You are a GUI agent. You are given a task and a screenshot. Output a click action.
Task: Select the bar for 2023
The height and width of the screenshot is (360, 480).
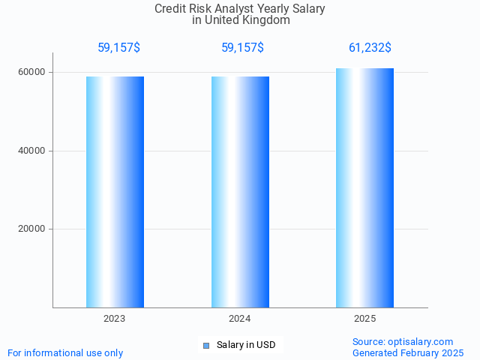click(x=115, y=192)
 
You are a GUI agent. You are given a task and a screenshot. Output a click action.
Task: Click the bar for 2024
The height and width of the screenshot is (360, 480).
click(x=240, y=192)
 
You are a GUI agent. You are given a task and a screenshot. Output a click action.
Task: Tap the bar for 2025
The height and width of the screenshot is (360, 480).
click(x=364, y=187)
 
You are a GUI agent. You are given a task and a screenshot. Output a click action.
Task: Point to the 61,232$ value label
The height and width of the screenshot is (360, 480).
click(x=370, y=48)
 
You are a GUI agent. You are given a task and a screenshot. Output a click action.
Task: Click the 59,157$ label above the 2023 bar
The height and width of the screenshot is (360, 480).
click(x=118, y=48)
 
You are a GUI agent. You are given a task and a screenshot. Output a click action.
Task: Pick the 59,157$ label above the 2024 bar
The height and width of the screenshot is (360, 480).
click(x=242, y=48)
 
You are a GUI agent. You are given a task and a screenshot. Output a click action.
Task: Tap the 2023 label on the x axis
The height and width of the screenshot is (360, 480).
click(x=115, y=319)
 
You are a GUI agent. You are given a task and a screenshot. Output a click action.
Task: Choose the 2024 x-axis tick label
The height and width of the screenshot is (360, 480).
click(x=240, y=319)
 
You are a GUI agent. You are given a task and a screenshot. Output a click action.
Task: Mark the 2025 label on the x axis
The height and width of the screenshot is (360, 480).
click(x=364, y=319)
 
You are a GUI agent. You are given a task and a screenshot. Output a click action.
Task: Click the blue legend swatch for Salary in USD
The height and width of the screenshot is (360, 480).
click(x=206, y=346)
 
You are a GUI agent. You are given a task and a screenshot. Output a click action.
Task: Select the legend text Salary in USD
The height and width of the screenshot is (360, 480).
click(x=246, y=345)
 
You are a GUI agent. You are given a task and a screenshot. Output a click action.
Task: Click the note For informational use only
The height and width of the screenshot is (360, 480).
click(x=65, y=353)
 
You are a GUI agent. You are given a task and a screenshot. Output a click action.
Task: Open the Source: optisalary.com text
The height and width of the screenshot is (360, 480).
click(x=403, y=342)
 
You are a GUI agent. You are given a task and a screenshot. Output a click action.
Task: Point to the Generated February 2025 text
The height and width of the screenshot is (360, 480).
click(x=408, y=353)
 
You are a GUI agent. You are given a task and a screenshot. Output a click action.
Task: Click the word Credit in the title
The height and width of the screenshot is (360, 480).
click(x=169, y=9)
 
